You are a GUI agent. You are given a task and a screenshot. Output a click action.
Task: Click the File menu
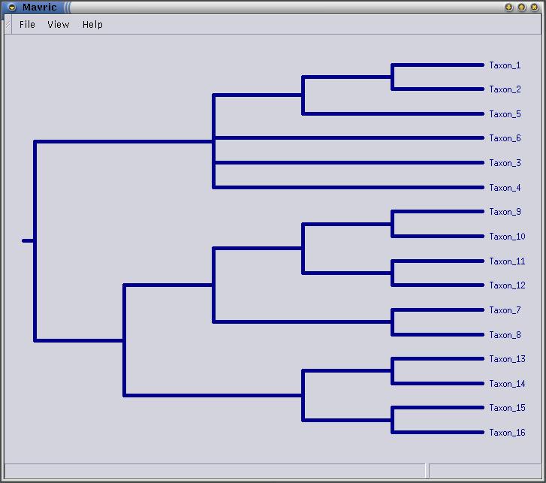27,25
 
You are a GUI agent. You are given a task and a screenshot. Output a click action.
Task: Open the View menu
58,25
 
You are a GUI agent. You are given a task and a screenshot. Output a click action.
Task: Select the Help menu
92,25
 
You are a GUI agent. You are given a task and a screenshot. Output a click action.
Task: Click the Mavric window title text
39,8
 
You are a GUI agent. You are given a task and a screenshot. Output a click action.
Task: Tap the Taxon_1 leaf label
505,65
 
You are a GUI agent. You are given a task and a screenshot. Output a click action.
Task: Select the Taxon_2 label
505,89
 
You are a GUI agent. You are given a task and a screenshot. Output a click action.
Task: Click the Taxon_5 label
505,114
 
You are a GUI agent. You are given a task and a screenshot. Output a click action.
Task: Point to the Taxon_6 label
505,138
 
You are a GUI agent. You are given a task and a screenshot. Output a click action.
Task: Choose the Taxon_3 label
505,163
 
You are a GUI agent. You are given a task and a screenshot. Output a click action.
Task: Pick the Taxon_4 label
505,188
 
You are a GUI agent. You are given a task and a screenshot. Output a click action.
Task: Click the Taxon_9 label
505,212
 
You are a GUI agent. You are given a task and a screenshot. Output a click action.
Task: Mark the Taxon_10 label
507,237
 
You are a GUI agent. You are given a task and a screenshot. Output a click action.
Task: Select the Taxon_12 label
507,285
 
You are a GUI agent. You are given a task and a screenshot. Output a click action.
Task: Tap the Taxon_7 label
505,310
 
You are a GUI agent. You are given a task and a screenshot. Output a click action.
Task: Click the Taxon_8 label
505,335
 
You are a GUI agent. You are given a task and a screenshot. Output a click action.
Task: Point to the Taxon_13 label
507,359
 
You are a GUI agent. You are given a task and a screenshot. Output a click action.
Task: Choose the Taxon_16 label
507,433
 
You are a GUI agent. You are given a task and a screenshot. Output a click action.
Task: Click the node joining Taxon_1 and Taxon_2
392,77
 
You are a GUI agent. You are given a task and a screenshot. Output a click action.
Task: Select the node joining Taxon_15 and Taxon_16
392,420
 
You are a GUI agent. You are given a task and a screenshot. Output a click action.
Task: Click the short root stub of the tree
28,240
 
